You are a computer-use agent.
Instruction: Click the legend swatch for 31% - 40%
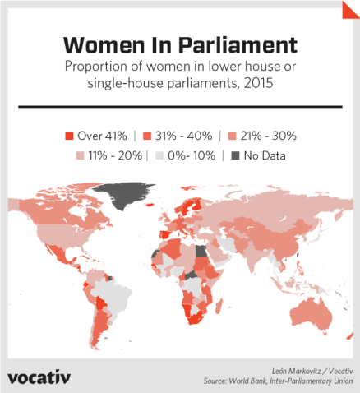pos(146,135)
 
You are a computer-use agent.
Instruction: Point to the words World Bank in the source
pos(251,381)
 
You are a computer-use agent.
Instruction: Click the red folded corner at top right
pos(351,9)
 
